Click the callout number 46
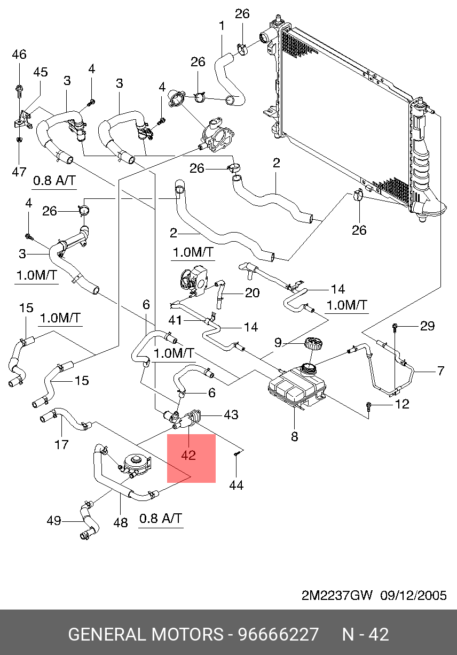click(19, 55)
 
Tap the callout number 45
click(40, 72)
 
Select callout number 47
click(19, 172)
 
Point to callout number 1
click(222, 26)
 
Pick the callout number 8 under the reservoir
click(294, 436)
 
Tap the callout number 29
click(427, 326)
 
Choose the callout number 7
click(440, 371)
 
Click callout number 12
click(402, 404)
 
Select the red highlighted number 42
click(188, 455)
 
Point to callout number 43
click(231, 414)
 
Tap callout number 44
click(236, 485)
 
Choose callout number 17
click(61, 444)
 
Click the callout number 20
click(253, 292)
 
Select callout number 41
click(175, 320)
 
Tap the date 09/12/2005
click(414, 595)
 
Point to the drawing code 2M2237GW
click(337, 595)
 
